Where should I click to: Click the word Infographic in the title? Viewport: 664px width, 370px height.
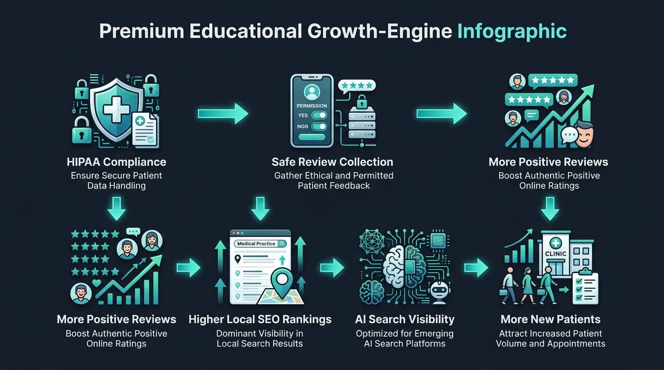tap(512, 31)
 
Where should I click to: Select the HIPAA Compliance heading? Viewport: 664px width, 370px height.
tap(116, 162)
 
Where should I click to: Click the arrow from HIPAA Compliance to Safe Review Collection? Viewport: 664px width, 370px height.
tap(223, 113)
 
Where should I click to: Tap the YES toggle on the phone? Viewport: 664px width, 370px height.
tap(319, 115)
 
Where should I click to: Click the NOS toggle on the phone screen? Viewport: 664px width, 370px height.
tap(319, 126)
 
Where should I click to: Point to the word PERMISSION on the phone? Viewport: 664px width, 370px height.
tap(312, 106)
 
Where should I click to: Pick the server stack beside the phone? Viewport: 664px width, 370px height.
tap(362, 123)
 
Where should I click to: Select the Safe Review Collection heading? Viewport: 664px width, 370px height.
tap(332, 162)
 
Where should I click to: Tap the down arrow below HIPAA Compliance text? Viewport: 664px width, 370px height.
tap(116, 209)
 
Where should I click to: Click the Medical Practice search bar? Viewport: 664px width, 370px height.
tap(260, 244)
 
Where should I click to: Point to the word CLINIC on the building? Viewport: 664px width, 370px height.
tap(555, 254)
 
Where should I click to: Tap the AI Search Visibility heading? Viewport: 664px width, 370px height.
tap(404, 319)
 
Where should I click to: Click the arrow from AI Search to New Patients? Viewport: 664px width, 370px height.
tap(476, 267)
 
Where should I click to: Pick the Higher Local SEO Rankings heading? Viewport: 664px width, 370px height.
tap(260, 319)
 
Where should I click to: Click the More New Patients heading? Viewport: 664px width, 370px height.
tap(551, 319)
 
